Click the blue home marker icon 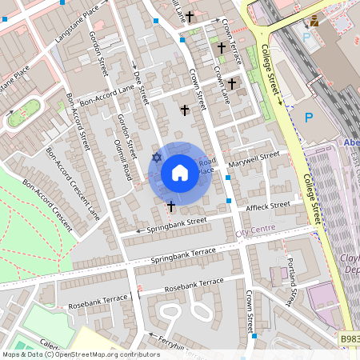[180, 172]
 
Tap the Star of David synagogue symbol [157, 158]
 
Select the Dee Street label [141, 88]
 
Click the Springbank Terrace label [183, 256]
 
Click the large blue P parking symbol [309, 118]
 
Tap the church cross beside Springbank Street [170, 206]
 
